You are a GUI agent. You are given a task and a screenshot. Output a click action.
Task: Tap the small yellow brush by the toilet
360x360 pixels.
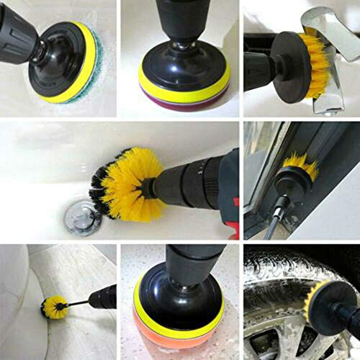[54, 307]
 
